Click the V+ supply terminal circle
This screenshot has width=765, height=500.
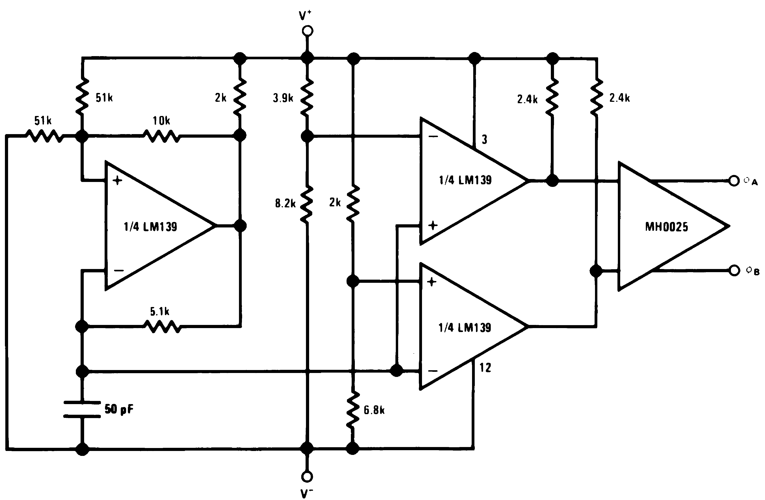click(x=307, y=31)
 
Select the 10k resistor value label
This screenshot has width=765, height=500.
click(x=161, y=121)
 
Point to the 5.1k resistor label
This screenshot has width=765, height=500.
click(x=160, y=311)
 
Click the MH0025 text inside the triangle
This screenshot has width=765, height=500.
click(x=666, y=227)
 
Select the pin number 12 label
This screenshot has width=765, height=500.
click(x=485, y=368)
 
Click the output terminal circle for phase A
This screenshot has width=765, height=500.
click(x=734, y=181)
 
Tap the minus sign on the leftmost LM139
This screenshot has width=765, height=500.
click(x=119, y=271)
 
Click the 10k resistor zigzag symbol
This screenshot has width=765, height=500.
click(x=162, y=136)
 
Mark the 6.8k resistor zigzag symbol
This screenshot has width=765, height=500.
click(x=353, y=409)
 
